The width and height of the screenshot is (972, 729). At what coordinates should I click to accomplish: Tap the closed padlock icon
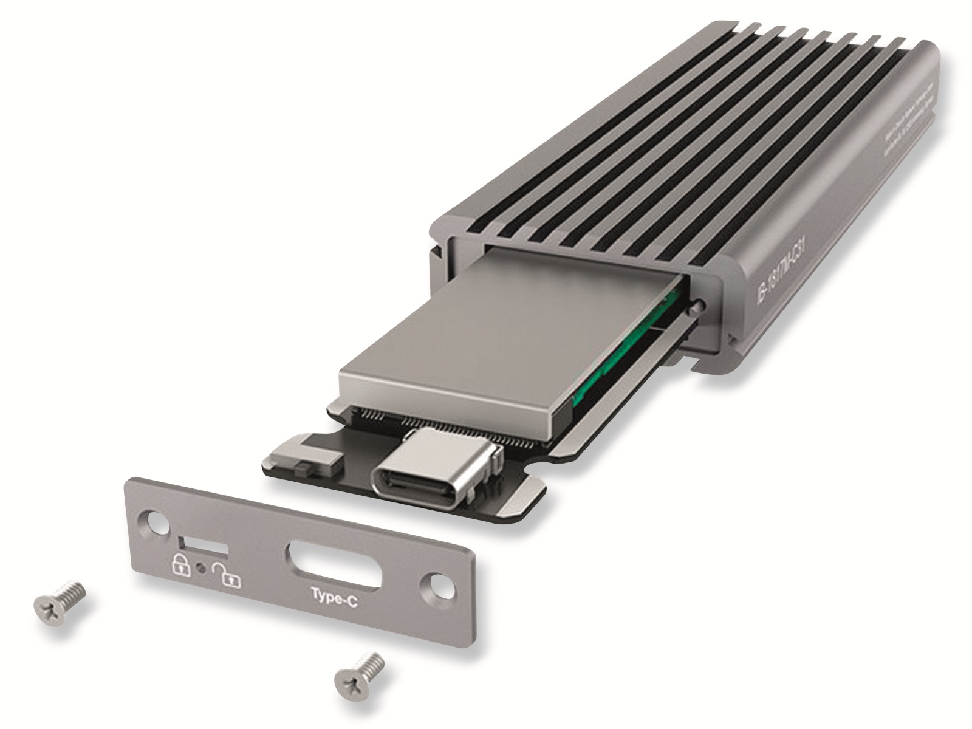click(181, 564)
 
